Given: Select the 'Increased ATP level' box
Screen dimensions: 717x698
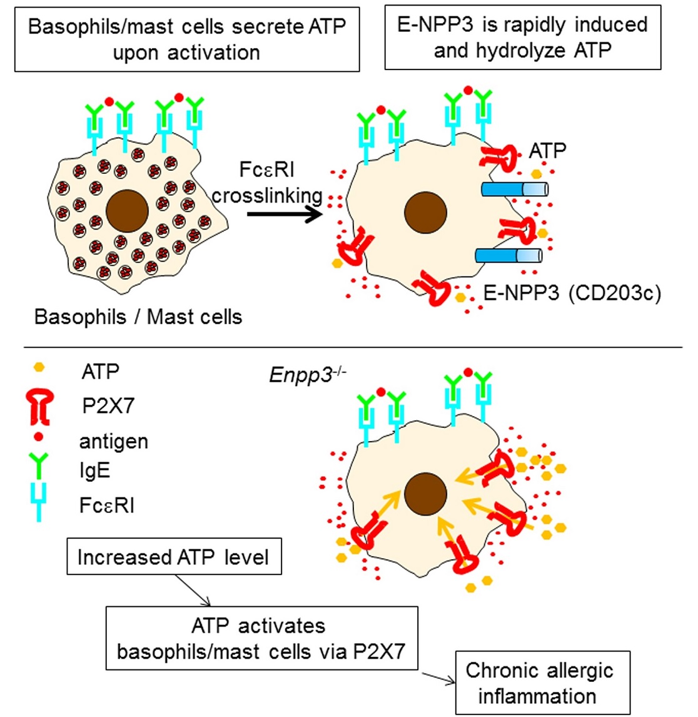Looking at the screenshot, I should [173, 557].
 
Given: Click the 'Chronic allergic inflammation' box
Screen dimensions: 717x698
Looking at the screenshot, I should [542, 683].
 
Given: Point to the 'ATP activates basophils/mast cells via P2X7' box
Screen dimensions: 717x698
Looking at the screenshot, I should [261, 638].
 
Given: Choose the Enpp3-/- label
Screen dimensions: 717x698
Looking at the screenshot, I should [307, 374].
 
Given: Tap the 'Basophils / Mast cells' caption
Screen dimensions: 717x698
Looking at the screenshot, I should [138, 317].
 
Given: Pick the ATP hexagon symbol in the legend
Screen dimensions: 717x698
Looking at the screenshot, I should [39, 367].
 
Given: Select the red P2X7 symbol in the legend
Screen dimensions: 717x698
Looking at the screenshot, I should [39, 405].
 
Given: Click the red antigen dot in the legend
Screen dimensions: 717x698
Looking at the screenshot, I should [39, 436].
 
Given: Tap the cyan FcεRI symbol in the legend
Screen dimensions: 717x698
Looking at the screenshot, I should [39, 504].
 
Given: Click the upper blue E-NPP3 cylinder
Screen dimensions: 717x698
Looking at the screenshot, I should [514, 189].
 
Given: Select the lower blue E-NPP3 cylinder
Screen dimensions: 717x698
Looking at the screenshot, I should [508, 255].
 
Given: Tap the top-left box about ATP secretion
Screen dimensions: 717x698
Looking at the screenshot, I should [187, 39].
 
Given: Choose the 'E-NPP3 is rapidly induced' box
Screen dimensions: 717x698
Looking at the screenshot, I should [522, 37].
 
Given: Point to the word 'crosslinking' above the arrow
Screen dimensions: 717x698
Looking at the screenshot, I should [267, 195].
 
